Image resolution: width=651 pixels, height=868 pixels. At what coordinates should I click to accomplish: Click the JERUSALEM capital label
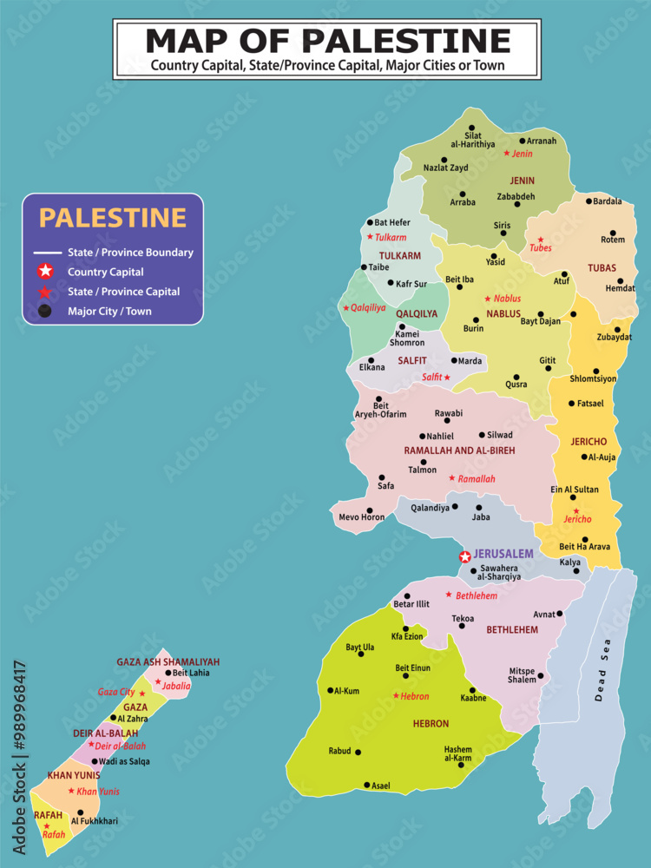pyautogui.click(x=503, y=554)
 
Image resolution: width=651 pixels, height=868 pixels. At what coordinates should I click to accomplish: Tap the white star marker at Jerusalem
pyautogui.click(x=465, y=556)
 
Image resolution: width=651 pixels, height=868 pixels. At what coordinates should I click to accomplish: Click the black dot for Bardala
pyautogui.click(x=589, y=201)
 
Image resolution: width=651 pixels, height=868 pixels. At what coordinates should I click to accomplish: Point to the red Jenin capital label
pyautogui.click(x=522, y=154)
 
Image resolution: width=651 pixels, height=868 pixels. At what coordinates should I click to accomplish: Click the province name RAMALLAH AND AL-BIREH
pyautogui.click(x=459, y=450)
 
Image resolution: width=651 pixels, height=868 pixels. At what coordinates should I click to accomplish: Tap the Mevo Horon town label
pyautogui.click(x=360, y=517)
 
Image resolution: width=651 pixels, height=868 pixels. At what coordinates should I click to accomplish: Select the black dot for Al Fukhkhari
pyautogui.click(x=80, y=812)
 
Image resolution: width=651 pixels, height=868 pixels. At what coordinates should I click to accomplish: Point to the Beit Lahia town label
pyautogui.click(x=191, y=673)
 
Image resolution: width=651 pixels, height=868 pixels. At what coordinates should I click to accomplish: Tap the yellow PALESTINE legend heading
pyautogui.click(x=113, y=218)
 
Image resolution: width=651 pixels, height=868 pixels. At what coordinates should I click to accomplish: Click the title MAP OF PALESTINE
pyautogui.click(x=327, y=40)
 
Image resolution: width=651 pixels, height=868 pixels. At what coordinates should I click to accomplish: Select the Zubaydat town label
pyautogui.click(x=615, y=337)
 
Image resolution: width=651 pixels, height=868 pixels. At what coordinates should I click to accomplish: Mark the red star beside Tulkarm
pyautogui.click(x=370, y=237)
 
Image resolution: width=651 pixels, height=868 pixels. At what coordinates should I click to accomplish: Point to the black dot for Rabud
pyautogui.click(x=358, y=752)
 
